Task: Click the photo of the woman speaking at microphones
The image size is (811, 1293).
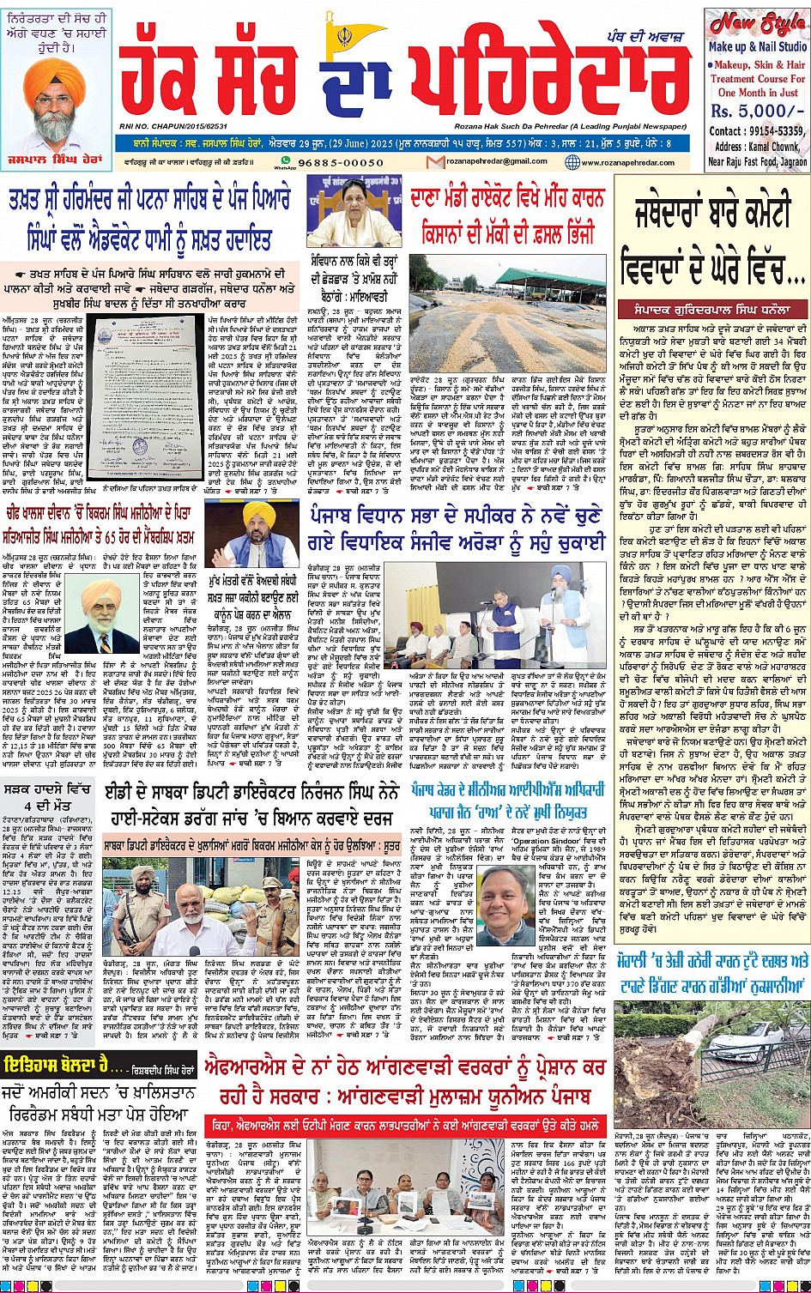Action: [354, 213]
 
